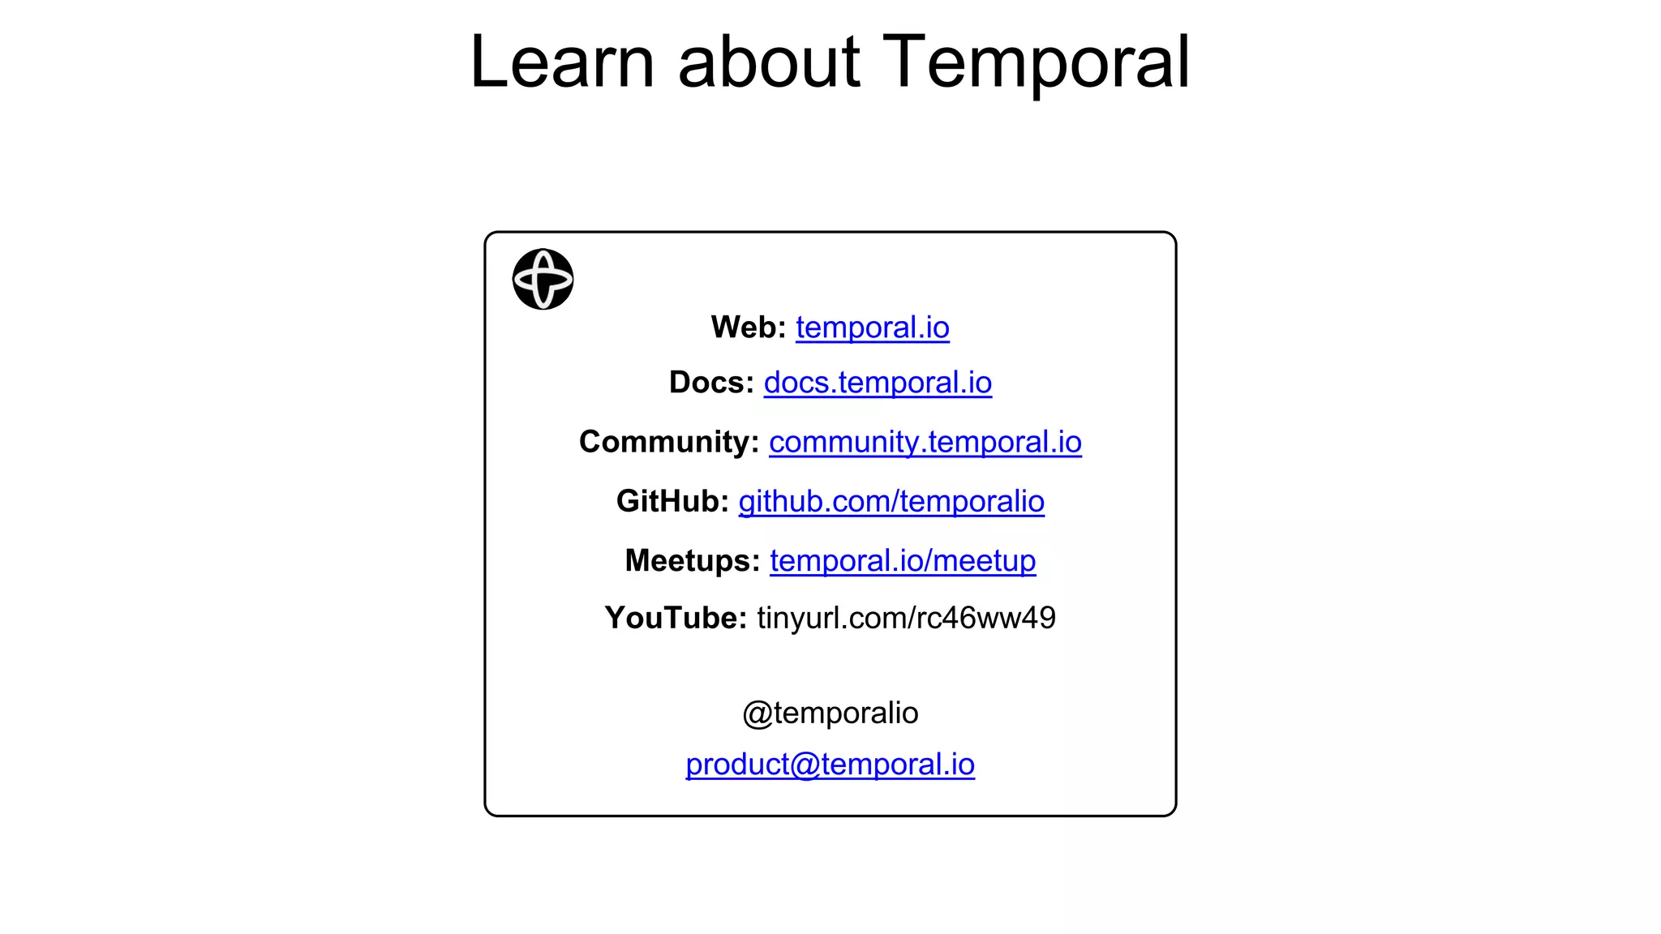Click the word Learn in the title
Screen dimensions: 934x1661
point(562,62)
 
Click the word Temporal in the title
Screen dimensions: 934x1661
point(1036,62)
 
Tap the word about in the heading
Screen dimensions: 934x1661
point(768,62)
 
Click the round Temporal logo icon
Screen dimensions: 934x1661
point(543,279)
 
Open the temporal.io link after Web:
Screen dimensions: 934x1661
point(872,328)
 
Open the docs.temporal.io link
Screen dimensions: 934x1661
point(878,383)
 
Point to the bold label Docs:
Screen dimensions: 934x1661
point(711,383)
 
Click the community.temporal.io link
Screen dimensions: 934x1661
point(925,442)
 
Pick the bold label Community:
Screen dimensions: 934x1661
point(669,442)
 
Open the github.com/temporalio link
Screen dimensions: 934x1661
point(891,501)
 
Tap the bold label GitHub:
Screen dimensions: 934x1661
point(672,501)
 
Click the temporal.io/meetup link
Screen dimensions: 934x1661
point(903,560)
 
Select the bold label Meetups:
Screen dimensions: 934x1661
point(692,560)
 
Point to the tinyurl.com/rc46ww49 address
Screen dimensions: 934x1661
point(906,618)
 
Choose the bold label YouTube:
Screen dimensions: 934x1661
point(676,618)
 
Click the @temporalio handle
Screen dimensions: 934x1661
point(830,713)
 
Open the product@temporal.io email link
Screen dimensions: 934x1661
point(830,764)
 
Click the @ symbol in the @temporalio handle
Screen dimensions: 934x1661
point(758,713)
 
